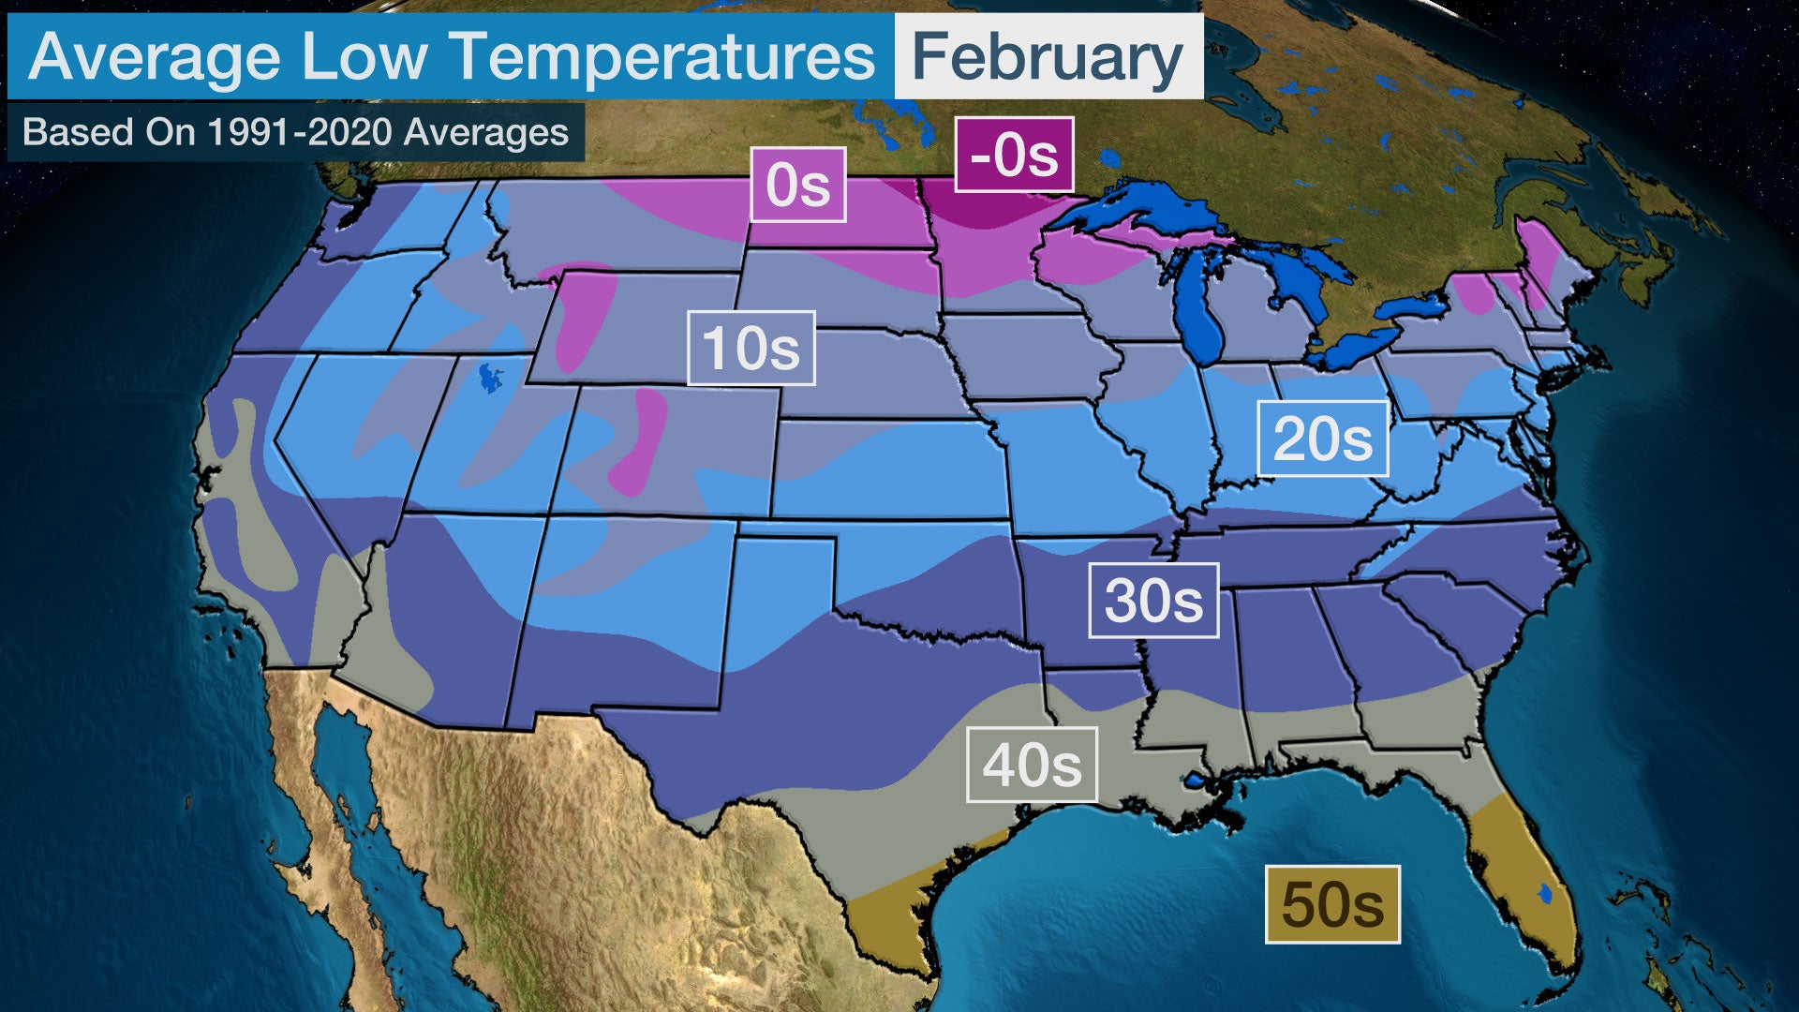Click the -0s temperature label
[x=1014, y=155]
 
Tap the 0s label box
[x=798, y=185]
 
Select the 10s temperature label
[x=751, y=349]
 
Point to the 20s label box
[x=1322, y=439]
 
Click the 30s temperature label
[x=1153, y=601]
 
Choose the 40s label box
[x=1032, y=765]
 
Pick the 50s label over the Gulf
[x=1332, y=904]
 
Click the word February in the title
[x=1048, y=58]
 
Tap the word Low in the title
[x=364, y=58]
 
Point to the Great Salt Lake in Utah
[x=490, y=377]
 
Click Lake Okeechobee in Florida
[x=1545, y=894]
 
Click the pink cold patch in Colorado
[x=640, y=440]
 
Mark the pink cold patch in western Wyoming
[x=583, y=314]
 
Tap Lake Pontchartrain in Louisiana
[x=1195, y=780]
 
